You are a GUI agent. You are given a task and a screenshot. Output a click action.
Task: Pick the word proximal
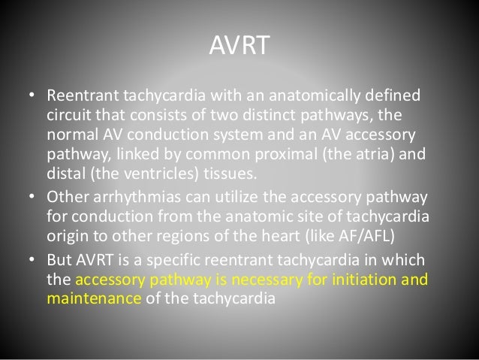(x=276, y=152)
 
